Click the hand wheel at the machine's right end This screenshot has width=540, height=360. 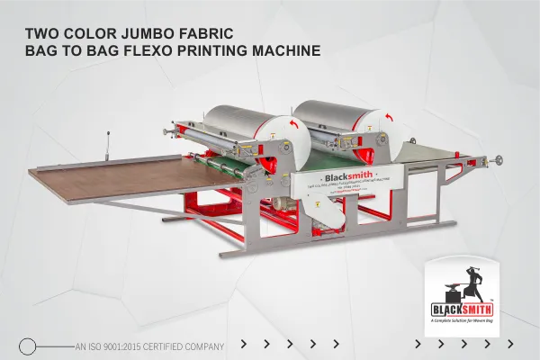[494, 162]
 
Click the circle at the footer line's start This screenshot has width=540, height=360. [28, 345]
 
